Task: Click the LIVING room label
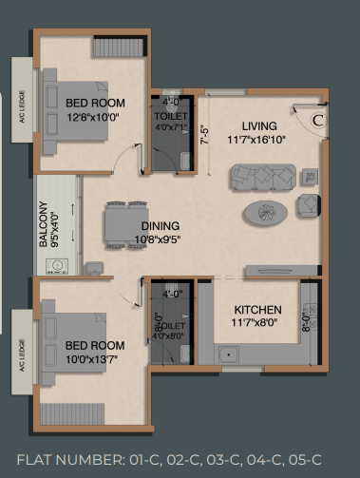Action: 259,126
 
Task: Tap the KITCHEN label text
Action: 257,310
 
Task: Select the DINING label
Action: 161,226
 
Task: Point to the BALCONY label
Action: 44,224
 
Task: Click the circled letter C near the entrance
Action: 318,121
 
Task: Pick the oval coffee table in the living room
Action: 265,213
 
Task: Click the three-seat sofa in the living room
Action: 263,177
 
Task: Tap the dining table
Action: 126,224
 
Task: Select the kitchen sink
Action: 229,354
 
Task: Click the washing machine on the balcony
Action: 57,266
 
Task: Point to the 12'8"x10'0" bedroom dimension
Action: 93,118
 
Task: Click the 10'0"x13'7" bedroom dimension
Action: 92,359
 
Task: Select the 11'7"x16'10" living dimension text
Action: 256,140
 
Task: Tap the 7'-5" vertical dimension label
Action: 205,136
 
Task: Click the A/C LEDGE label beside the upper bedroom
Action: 22,106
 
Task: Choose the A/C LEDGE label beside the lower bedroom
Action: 22,355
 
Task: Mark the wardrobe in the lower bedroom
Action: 72,413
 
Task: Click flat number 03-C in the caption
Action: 222,460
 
